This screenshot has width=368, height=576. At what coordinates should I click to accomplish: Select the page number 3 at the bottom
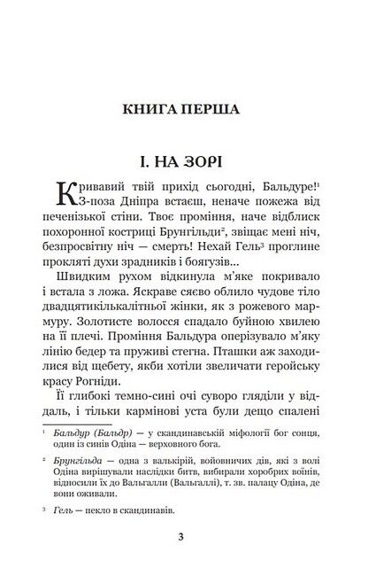pyautogui.click(x=183, y=534)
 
